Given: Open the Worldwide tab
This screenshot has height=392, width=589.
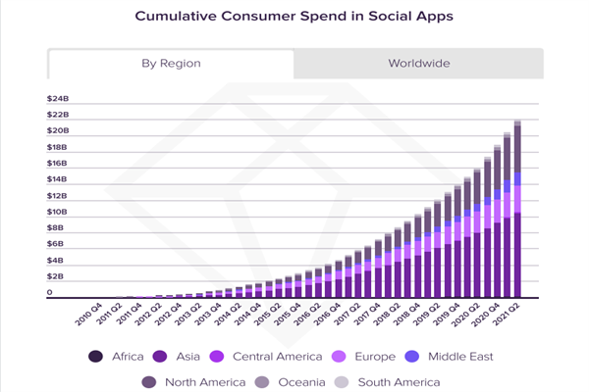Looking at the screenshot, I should point(419,64).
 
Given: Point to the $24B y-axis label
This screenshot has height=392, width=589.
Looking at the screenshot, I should point(57,99).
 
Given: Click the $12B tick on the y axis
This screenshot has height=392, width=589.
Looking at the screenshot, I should point(57,196).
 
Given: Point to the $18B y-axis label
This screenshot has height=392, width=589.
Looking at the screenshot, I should point(57,147).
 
